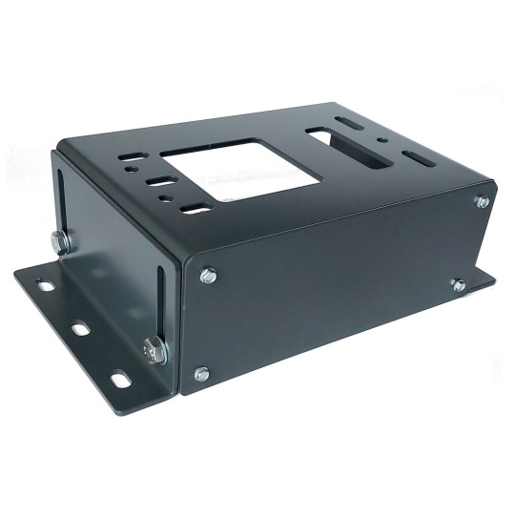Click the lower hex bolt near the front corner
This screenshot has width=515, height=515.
pos(154,351)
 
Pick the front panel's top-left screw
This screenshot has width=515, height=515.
pos(208,276)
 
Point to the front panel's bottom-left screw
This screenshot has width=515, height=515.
pos(200,374)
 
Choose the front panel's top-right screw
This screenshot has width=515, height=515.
pos(483,201)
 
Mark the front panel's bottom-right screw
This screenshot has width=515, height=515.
pos(459,285)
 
